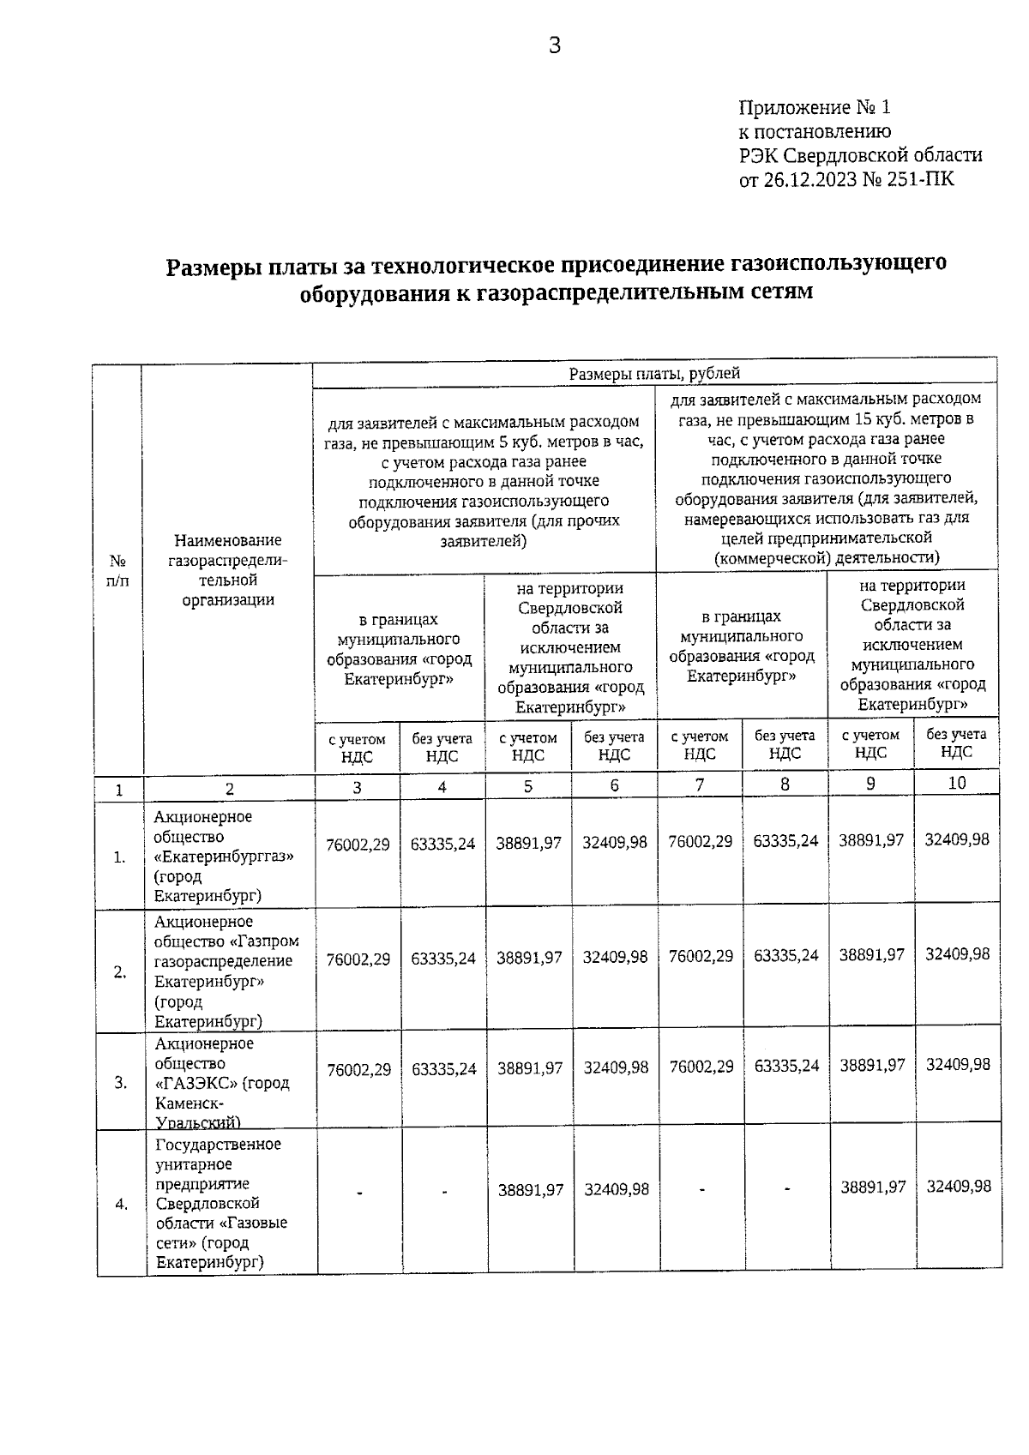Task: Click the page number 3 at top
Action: click(554, 45)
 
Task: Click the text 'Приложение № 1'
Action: click(815, 108)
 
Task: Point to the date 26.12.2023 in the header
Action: click(808, 180)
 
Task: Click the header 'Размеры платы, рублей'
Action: click(654, 373)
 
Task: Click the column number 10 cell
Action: click(956, 783)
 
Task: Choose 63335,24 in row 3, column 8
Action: click(786, 1067)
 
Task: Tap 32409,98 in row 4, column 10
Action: click(959, 1187)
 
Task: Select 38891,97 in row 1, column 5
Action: click(528, 844)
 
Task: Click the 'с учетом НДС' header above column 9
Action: click(870, 744)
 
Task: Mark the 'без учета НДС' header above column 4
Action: click(442, 747)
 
